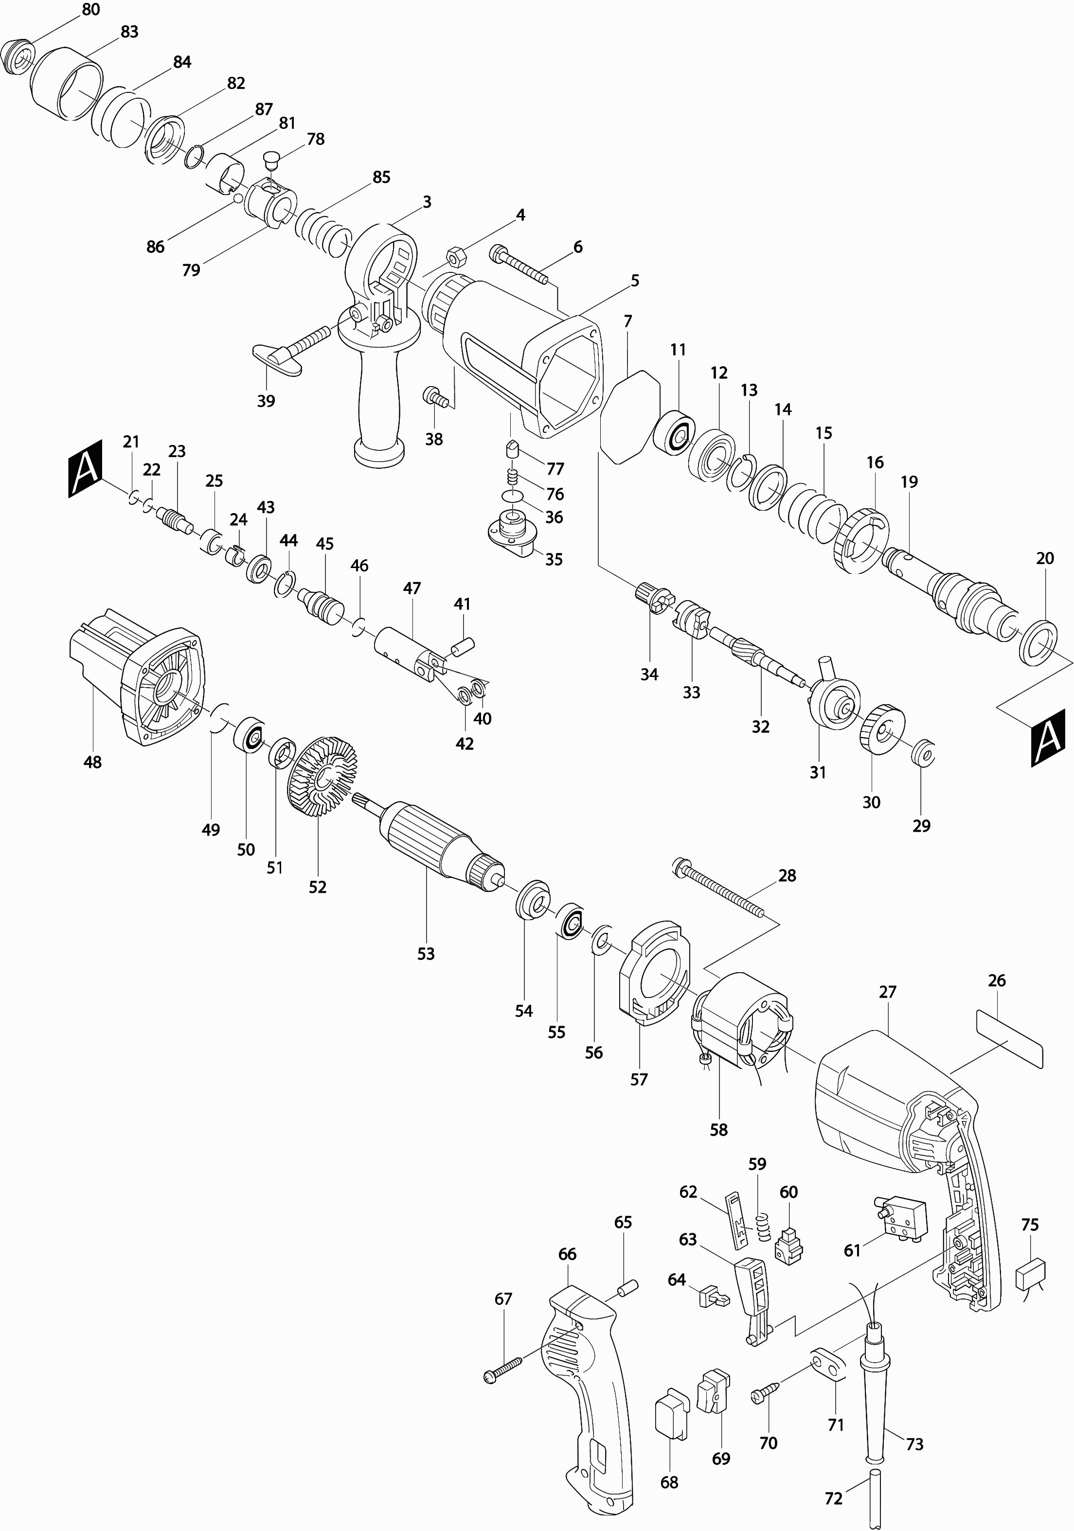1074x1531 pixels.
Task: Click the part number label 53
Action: click(x=426, y=954)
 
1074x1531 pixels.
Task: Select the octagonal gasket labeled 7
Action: click(x=630, y=415)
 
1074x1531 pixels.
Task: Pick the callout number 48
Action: click(x=93, y=762)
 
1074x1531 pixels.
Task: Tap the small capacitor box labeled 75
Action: click(x=1030, y=1276)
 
